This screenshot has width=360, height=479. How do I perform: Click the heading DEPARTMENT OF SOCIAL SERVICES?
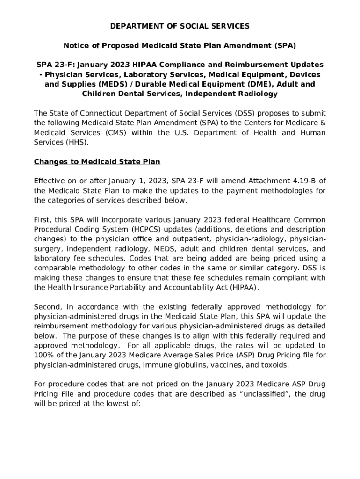(180, 26)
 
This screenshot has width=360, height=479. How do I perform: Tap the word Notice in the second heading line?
(76, 46)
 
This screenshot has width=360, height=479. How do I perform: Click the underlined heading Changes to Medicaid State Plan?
(97, 162)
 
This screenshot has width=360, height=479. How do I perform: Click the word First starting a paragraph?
(43, 220)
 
